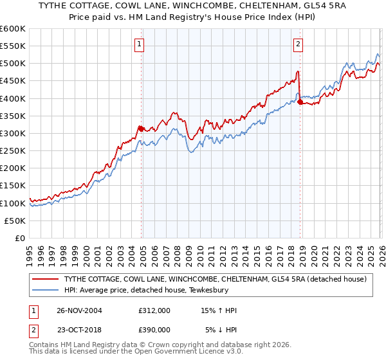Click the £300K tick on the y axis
tap(13, 133)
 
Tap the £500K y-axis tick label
tap(13, 64)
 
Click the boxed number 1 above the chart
tap(139, 44)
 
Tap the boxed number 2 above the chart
tap(299, 44)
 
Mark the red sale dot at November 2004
tap(142, 129)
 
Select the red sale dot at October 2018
tap(300, 102)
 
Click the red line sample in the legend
tap(45, 279)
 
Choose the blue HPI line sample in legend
tap(45, 290)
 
